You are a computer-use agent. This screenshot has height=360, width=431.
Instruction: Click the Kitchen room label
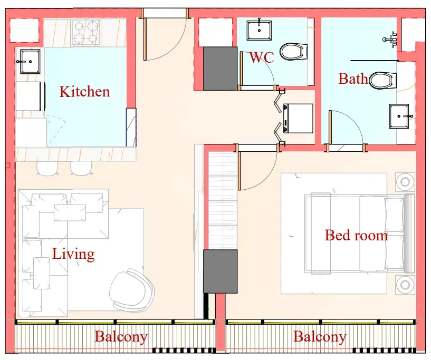[x=84, y=91]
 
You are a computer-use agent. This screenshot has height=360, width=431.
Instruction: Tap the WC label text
[x=262, y=57]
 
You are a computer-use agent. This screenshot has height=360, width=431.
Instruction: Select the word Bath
[x=353, y=79]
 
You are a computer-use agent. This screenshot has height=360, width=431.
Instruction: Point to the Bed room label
[x=356, y=235]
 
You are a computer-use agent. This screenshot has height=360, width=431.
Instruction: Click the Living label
[x=73, y=254]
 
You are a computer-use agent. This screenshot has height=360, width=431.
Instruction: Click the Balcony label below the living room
[x=121, y=337]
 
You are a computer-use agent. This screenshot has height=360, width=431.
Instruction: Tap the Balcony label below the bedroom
[x=320, y=337]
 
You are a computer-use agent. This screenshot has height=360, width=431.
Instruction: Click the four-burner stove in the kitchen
[x=87, y=33]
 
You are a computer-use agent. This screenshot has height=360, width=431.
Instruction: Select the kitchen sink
[x=30, y=62]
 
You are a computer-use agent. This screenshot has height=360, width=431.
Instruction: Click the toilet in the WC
[x=293, y=51]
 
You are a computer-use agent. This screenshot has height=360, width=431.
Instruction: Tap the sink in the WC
[x=259, y=30]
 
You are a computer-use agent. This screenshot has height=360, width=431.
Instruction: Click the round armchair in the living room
[x=131, y=288]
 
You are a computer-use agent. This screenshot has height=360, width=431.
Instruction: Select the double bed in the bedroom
[x=360, y=233]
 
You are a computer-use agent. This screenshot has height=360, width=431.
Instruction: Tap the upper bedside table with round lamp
[x=405, y=182]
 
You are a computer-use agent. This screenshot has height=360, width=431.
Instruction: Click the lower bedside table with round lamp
[x=405, y=285]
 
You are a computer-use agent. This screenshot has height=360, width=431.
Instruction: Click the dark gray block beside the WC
[x=220, y=69]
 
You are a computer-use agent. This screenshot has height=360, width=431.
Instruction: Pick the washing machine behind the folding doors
[x=298, y=119]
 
